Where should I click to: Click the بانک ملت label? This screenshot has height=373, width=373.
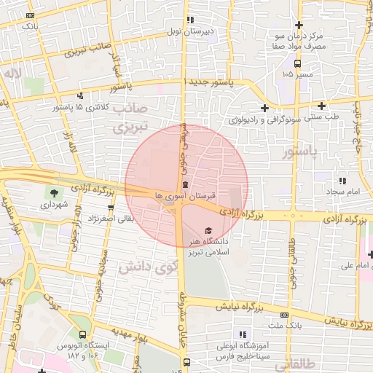[x=280, y=325]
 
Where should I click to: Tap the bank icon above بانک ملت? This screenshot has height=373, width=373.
[x=285, y=315]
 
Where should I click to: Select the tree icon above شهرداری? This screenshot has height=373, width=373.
[x=53, y=194]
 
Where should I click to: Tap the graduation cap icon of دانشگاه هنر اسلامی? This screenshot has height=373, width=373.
[x=209, y=230]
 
